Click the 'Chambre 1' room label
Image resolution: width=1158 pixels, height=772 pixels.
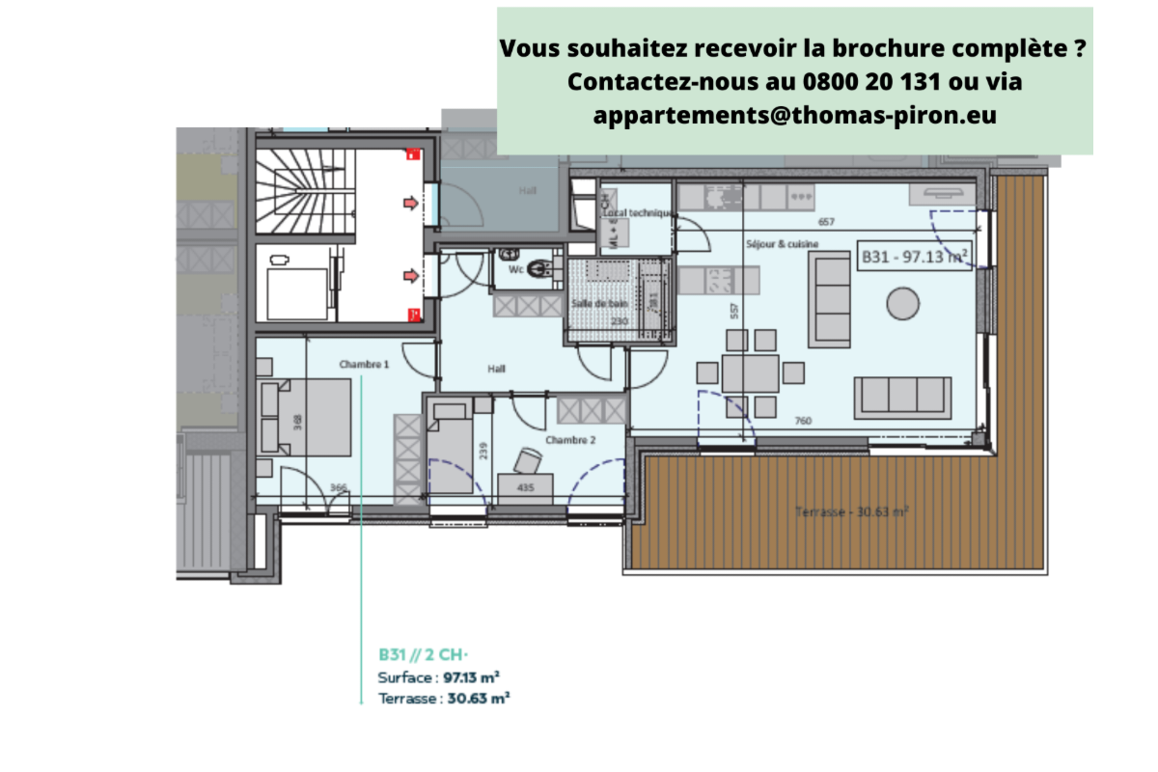(364, 365)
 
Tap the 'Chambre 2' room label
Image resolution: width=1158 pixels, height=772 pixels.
(570, 440)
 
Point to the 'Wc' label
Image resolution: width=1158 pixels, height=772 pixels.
(516, 270)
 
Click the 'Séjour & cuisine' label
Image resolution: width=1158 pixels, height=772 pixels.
(782, 244)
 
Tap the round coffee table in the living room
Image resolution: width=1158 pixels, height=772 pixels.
(904, 303)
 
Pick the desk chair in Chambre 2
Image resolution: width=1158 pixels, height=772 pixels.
(526, 458)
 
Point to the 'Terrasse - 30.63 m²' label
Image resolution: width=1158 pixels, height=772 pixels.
(852, 510)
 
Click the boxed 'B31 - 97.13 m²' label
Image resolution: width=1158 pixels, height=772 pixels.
(914, 257)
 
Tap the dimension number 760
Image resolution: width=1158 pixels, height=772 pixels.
(802, 420)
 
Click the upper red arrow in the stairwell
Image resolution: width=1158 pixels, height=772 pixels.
(410, 203)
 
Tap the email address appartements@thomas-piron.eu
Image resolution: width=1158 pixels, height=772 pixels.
(795, 115)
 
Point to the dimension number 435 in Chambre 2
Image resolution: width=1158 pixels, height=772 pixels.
(526, 488)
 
